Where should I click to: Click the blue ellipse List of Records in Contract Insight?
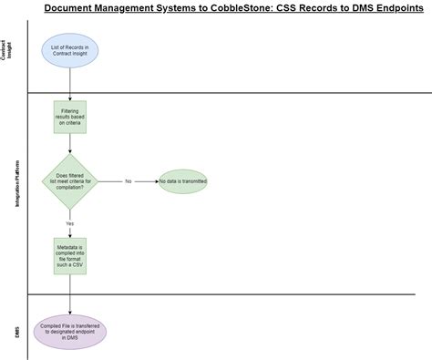pyautogui.click(x=70, y=51)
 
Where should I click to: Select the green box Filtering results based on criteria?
pyautogui.click(x=70, y=118)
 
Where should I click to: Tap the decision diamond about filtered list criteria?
pyautogui.click(x=70, y=181)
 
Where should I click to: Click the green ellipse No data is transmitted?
pyautogui.click(x=182, y=181)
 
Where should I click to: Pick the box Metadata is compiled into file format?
pyautogui.click(x=70, y=256)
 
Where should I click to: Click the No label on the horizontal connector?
pyautogui.click(x=129, y=181)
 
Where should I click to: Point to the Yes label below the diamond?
pyautogui.click(x=70, y=223)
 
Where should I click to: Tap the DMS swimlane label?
pyautogui.click(x=16, y=330)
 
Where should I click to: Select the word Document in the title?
pyautogui.click(x=76, y=9)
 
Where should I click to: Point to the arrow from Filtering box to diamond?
pyautogui.click(x=70, y=143)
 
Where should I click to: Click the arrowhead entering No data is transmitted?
pyautogui.click(x=155, y=181)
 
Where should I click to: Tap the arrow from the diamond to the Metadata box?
pyautogui.click(x=70, y=230)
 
